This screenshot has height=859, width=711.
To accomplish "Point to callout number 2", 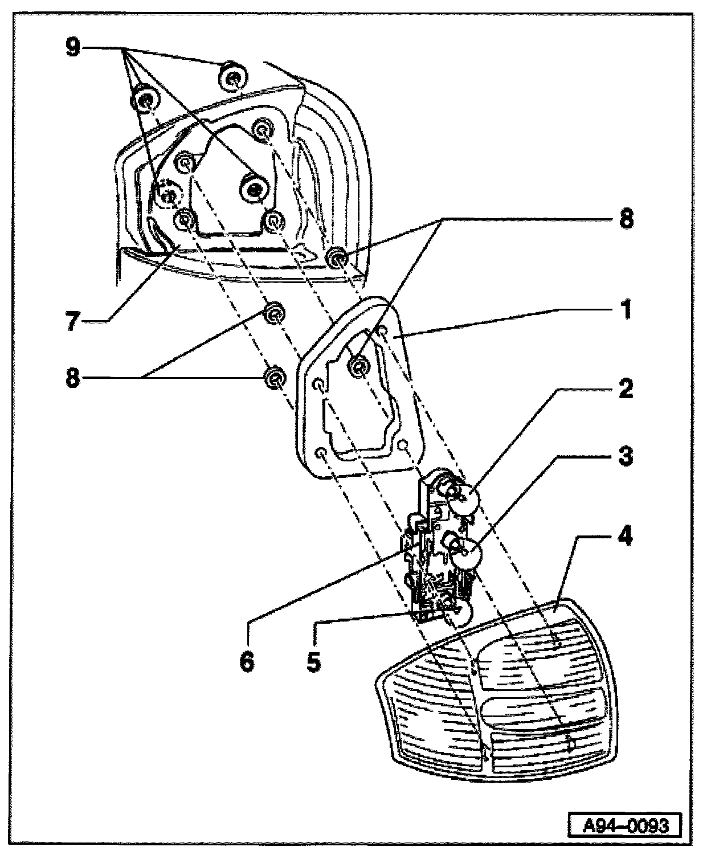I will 626,389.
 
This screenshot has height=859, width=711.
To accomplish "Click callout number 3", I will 626,456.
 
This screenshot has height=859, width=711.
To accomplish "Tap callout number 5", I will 313,661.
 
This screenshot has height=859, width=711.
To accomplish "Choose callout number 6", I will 247,661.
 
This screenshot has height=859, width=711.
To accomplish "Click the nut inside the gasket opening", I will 358,367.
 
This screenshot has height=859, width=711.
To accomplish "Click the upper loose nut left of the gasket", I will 275,313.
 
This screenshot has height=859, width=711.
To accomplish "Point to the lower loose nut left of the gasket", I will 275,377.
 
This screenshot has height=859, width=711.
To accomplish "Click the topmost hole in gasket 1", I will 383,330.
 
